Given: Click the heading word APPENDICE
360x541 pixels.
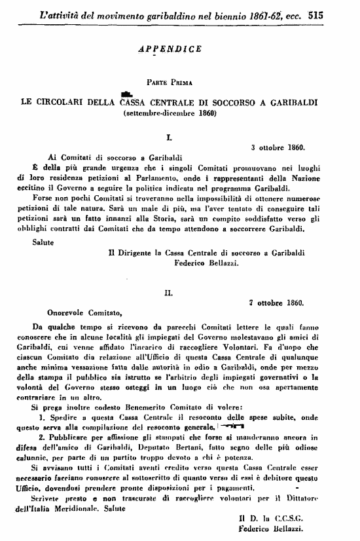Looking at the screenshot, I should [x=171, y=48].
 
